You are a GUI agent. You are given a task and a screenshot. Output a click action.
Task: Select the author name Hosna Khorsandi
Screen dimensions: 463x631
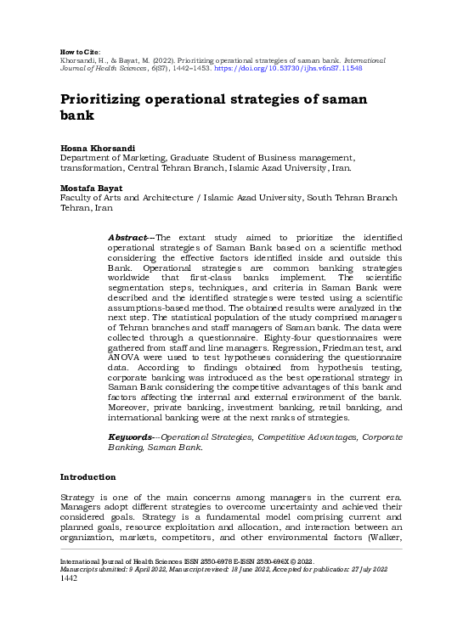pyautogui.click(x=90, y=149)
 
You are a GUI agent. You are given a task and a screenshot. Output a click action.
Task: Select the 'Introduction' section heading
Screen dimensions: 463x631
pyautogui.click(x=88, y=476)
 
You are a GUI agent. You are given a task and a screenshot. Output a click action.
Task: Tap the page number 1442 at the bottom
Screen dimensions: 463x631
pyautogui.click(x=69, y=578)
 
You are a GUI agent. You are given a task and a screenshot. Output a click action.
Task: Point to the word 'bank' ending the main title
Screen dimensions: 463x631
pyautogui.click(x=78, y=115)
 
